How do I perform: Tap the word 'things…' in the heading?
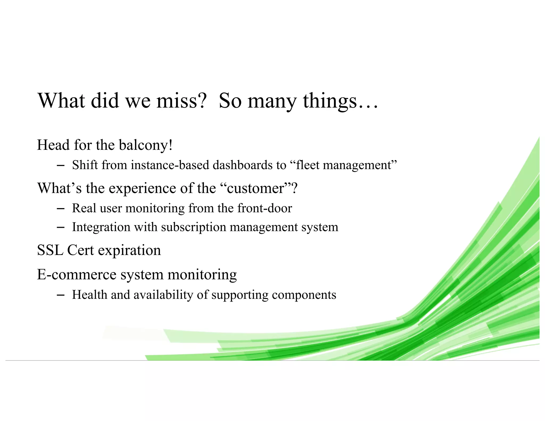[x=340, y=101]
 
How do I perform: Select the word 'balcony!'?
[x=146, y=145]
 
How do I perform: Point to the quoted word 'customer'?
[x=255, y=188]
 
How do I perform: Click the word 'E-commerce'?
[x=77, y=274]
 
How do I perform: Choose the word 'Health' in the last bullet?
[x=89, y=295]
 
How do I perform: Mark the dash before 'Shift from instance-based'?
[x=60, y=166]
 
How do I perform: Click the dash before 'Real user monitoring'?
[x=60, y=209]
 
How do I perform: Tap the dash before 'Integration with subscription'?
[x=60, y=228]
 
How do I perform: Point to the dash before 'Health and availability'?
[x=60, y=295]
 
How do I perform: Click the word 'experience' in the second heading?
[x=142, y=189]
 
